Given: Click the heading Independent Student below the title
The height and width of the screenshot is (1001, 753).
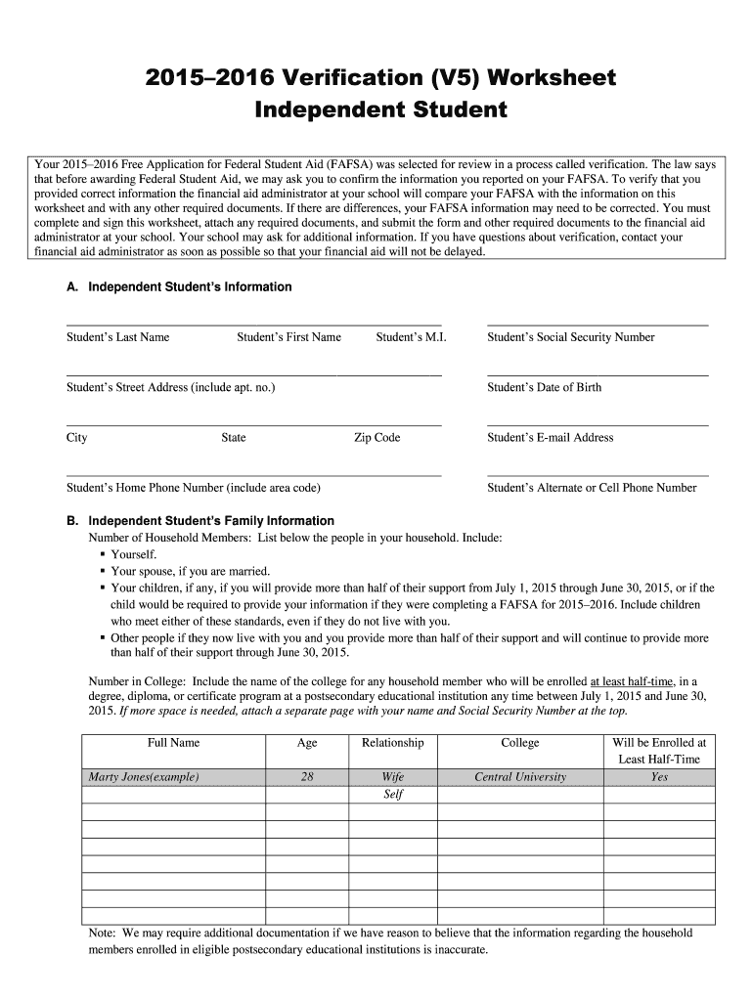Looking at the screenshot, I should click(380, 109).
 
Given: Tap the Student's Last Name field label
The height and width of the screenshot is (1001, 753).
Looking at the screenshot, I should click(117, 337).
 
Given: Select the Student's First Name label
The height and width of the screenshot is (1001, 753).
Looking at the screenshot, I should click(288, 337).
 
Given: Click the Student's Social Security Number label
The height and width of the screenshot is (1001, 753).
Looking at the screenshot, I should click(570, 337).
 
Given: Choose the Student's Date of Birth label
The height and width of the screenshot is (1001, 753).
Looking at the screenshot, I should click(544, 387).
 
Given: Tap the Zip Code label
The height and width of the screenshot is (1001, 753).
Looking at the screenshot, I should click(376, 438).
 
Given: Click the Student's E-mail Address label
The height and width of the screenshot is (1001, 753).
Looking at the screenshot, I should click(550, 438).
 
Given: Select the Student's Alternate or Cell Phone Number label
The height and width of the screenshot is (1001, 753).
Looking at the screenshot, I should click(592, 488).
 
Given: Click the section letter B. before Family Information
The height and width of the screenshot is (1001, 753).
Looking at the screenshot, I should click(72, 521).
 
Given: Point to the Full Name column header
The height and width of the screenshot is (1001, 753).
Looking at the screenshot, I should click(173, 743).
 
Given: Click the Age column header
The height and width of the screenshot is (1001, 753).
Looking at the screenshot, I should click(307, 743).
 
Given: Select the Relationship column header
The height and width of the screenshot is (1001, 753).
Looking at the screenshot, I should click(392, 743).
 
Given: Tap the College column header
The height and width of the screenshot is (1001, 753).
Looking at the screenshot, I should click(519, 743).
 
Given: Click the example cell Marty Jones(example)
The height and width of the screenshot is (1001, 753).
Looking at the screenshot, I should click(144, 777).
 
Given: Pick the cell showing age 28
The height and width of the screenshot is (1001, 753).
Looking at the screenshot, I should click(307, 777).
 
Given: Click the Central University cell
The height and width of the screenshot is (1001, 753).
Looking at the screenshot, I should click(519, 777).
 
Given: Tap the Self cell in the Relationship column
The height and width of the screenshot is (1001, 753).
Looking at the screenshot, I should click(392, 795).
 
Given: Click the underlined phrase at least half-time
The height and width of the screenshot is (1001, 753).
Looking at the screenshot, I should click(632, 681).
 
